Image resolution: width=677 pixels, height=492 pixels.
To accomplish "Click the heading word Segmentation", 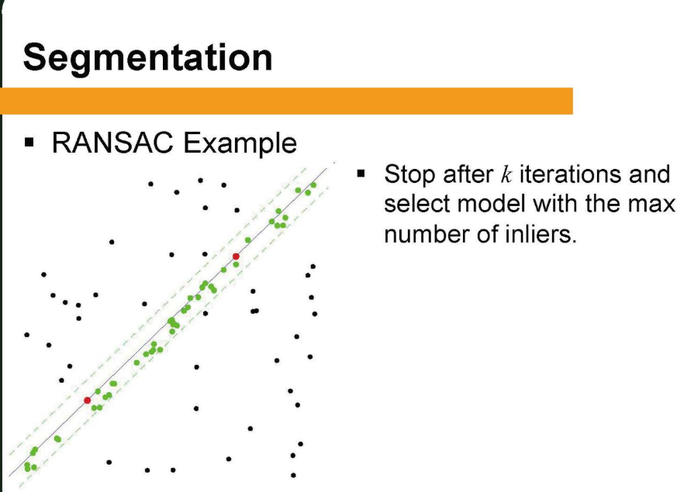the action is coord(147,58).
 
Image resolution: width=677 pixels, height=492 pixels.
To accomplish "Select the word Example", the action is coord(240,143).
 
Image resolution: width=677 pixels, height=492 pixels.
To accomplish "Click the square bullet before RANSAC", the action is coord(29,143).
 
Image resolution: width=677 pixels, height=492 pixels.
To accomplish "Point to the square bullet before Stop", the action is coord(361,174).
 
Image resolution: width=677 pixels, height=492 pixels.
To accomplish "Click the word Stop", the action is coord(410,174).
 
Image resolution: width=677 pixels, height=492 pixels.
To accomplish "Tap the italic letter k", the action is coord(506,174).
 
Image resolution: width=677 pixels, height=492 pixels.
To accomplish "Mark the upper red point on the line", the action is coord(236,256).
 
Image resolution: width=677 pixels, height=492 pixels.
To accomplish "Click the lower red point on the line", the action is coord(87,401).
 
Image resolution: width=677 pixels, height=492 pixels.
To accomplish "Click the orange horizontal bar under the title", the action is coord(286,101).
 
